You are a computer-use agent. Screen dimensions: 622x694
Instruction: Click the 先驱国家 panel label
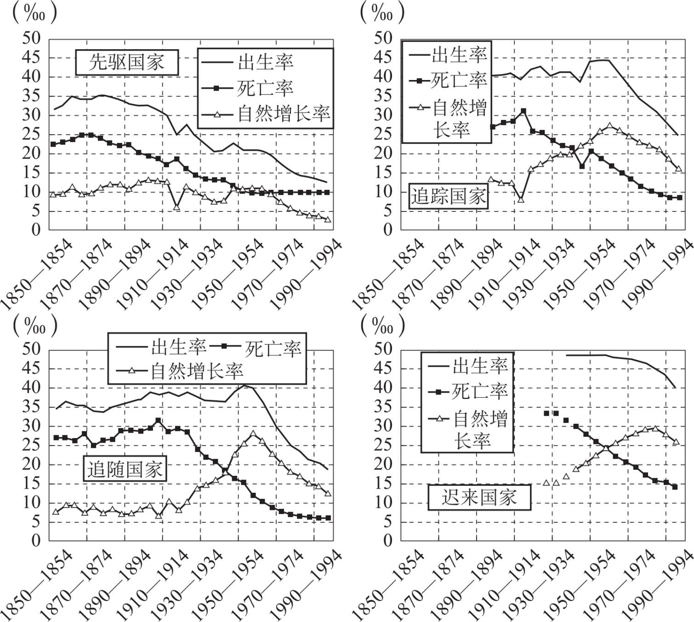click(127, 62)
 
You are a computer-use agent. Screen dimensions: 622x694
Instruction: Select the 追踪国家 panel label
click(448, 196)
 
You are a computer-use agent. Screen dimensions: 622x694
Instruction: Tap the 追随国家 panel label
click(125, 469)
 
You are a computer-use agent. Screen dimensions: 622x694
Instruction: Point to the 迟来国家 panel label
click(479, 497)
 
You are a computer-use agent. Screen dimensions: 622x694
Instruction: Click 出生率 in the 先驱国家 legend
click(265, 62)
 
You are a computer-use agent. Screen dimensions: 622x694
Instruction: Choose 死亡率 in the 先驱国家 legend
click(265, 88)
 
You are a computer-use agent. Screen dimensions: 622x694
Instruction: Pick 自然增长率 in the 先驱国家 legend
click(284, 114)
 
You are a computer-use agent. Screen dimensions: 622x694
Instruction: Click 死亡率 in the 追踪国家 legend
click(458, 81)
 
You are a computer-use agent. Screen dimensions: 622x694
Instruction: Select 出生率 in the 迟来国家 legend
click(480, 366)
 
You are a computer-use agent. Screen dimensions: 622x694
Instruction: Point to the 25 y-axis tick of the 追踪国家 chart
click(383, 134)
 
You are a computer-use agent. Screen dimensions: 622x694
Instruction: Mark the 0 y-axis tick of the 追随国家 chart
click(36, 541)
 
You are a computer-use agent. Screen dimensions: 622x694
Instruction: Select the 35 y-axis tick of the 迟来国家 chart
click(383, 407)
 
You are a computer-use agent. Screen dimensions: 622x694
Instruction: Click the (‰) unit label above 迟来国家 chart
click(382, 325)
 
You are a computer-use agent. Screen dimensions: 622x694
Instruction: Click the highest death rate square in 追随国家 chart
click(158, 420)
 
